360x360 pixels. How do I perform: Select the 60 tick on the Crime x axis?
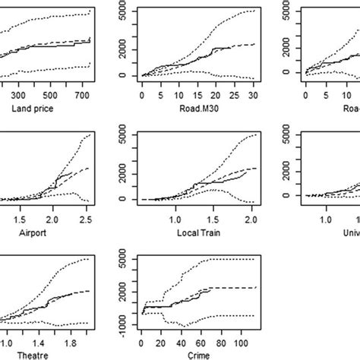[201, 339]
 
